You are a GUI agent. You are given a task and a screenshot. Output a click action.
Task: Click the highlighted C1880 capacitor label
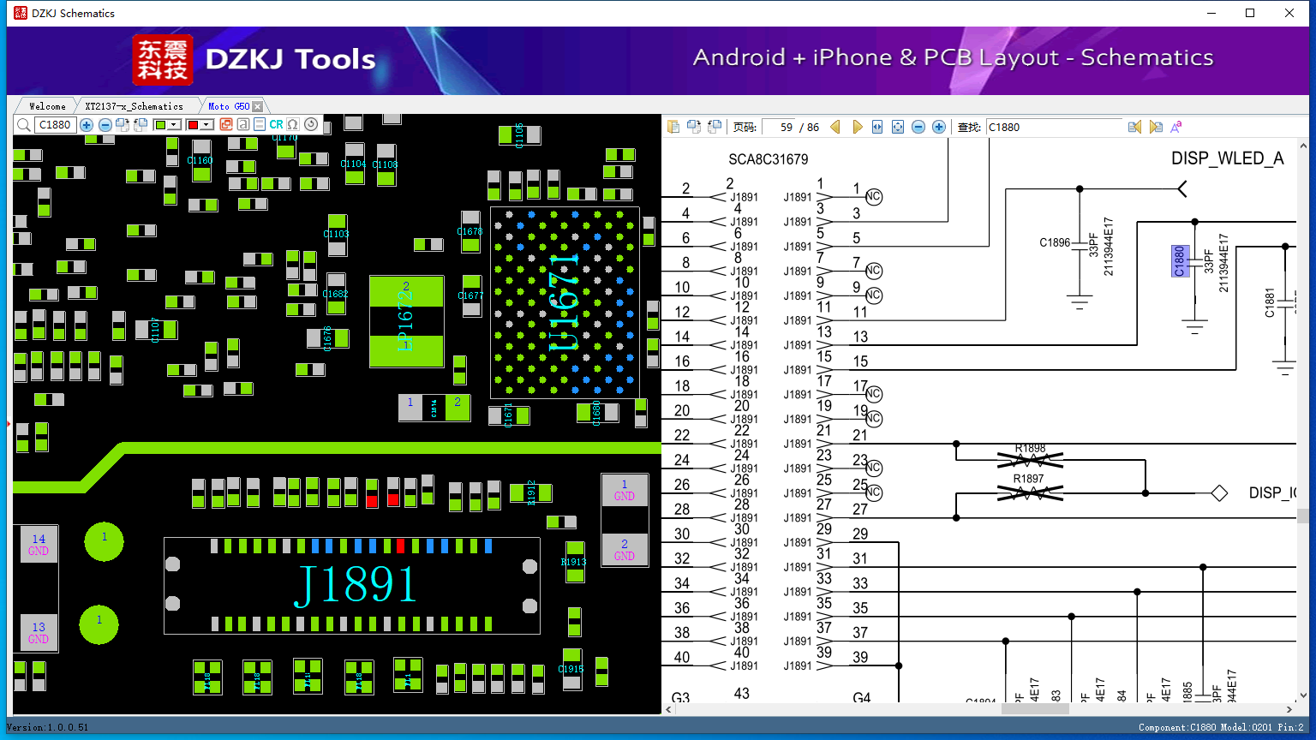coord(1180,261)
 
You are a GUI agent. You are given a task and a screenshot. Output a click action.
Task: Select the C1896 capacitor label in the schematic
coord(1055,242)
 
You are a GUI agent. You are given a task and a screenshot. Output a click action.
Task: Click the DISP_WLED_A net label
coord(1227,158)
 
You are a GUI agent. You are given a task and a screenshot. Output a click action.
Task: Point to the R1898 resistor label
coord(1030,449)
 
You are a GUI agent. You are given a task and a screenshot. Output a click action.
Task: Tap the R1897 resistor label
coord(1028,479)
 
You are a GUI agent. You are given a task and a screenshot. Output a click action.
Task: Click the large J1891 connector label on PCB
coord(355,585)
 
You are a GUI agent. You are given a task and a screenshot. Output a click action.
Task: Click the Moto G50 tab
coord(229,106)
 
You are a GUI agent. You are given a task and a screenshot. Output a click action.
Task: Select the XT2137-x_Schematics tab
coord(134,106)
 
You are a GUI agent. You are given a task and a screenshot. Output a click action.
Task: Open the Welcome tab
coord(47,106)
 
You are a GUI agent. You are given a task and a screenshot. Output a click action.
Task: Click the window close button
coord(1289,13)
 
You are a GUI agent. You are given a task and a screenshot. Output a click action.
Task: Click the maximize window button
coord(1250,13)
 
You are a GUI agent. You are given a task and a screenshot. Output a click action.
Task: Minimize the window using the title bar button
coord(1211,13)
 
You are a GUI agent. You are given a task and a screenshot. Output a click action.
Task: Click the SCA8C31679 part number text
coord(768,159)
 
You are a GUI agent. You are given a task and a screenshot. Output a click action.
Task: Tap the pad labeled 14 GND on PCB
coord(39,545)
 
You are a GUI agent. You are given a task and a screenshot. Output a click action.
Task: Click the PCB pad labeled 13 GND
coord(39,633)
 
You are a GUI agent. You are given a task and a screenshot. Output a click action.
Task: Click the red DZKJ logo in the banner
coord(162,60)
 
